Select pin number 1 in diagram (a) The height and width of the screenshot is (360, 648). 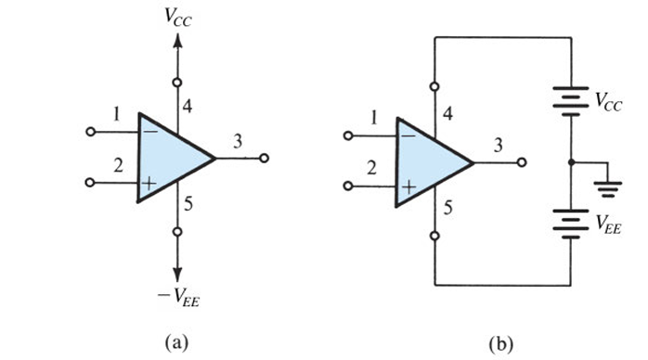pyautogui.click(x=117, y=114)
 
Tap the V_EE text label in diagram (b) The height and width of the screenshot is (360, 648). pyautogui.click(x=609, y=222)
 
